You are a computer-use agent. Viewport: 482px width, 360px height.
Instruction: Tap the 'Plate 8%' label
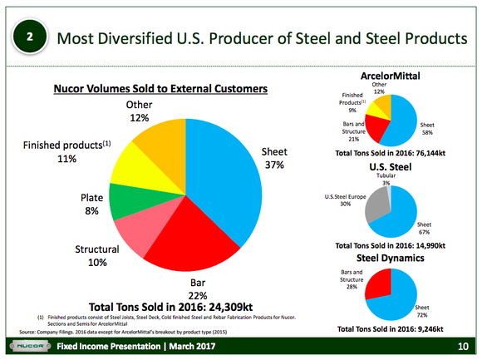pos(91,205)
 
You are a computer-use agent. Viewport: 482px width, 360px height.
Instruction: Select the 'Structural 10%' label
pos(97,256)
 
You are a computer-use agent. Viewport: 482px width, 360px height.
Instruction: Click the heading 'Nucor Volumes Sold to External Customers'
pos(161,87)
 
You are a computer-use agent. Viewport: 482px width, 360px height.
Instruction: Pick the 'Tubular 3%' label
pos(386,179)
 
